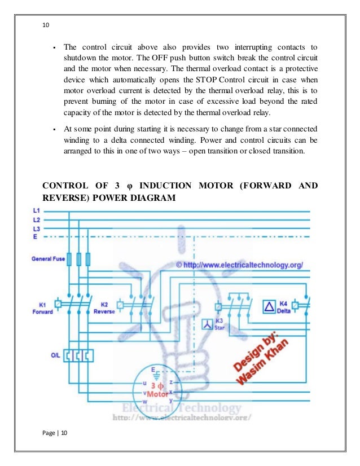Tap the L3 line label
click(x=37, y=228)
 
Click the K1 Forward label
click(x=42, y=308)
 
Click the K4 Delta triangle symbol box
click(x=270, y=306)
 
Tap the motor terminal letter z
click(x=170, y=383)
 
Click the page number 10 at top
click(x=46, y=25)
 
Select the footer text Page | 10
click(x=55, y=433)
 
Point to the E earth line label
click(x=35, y=237)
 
